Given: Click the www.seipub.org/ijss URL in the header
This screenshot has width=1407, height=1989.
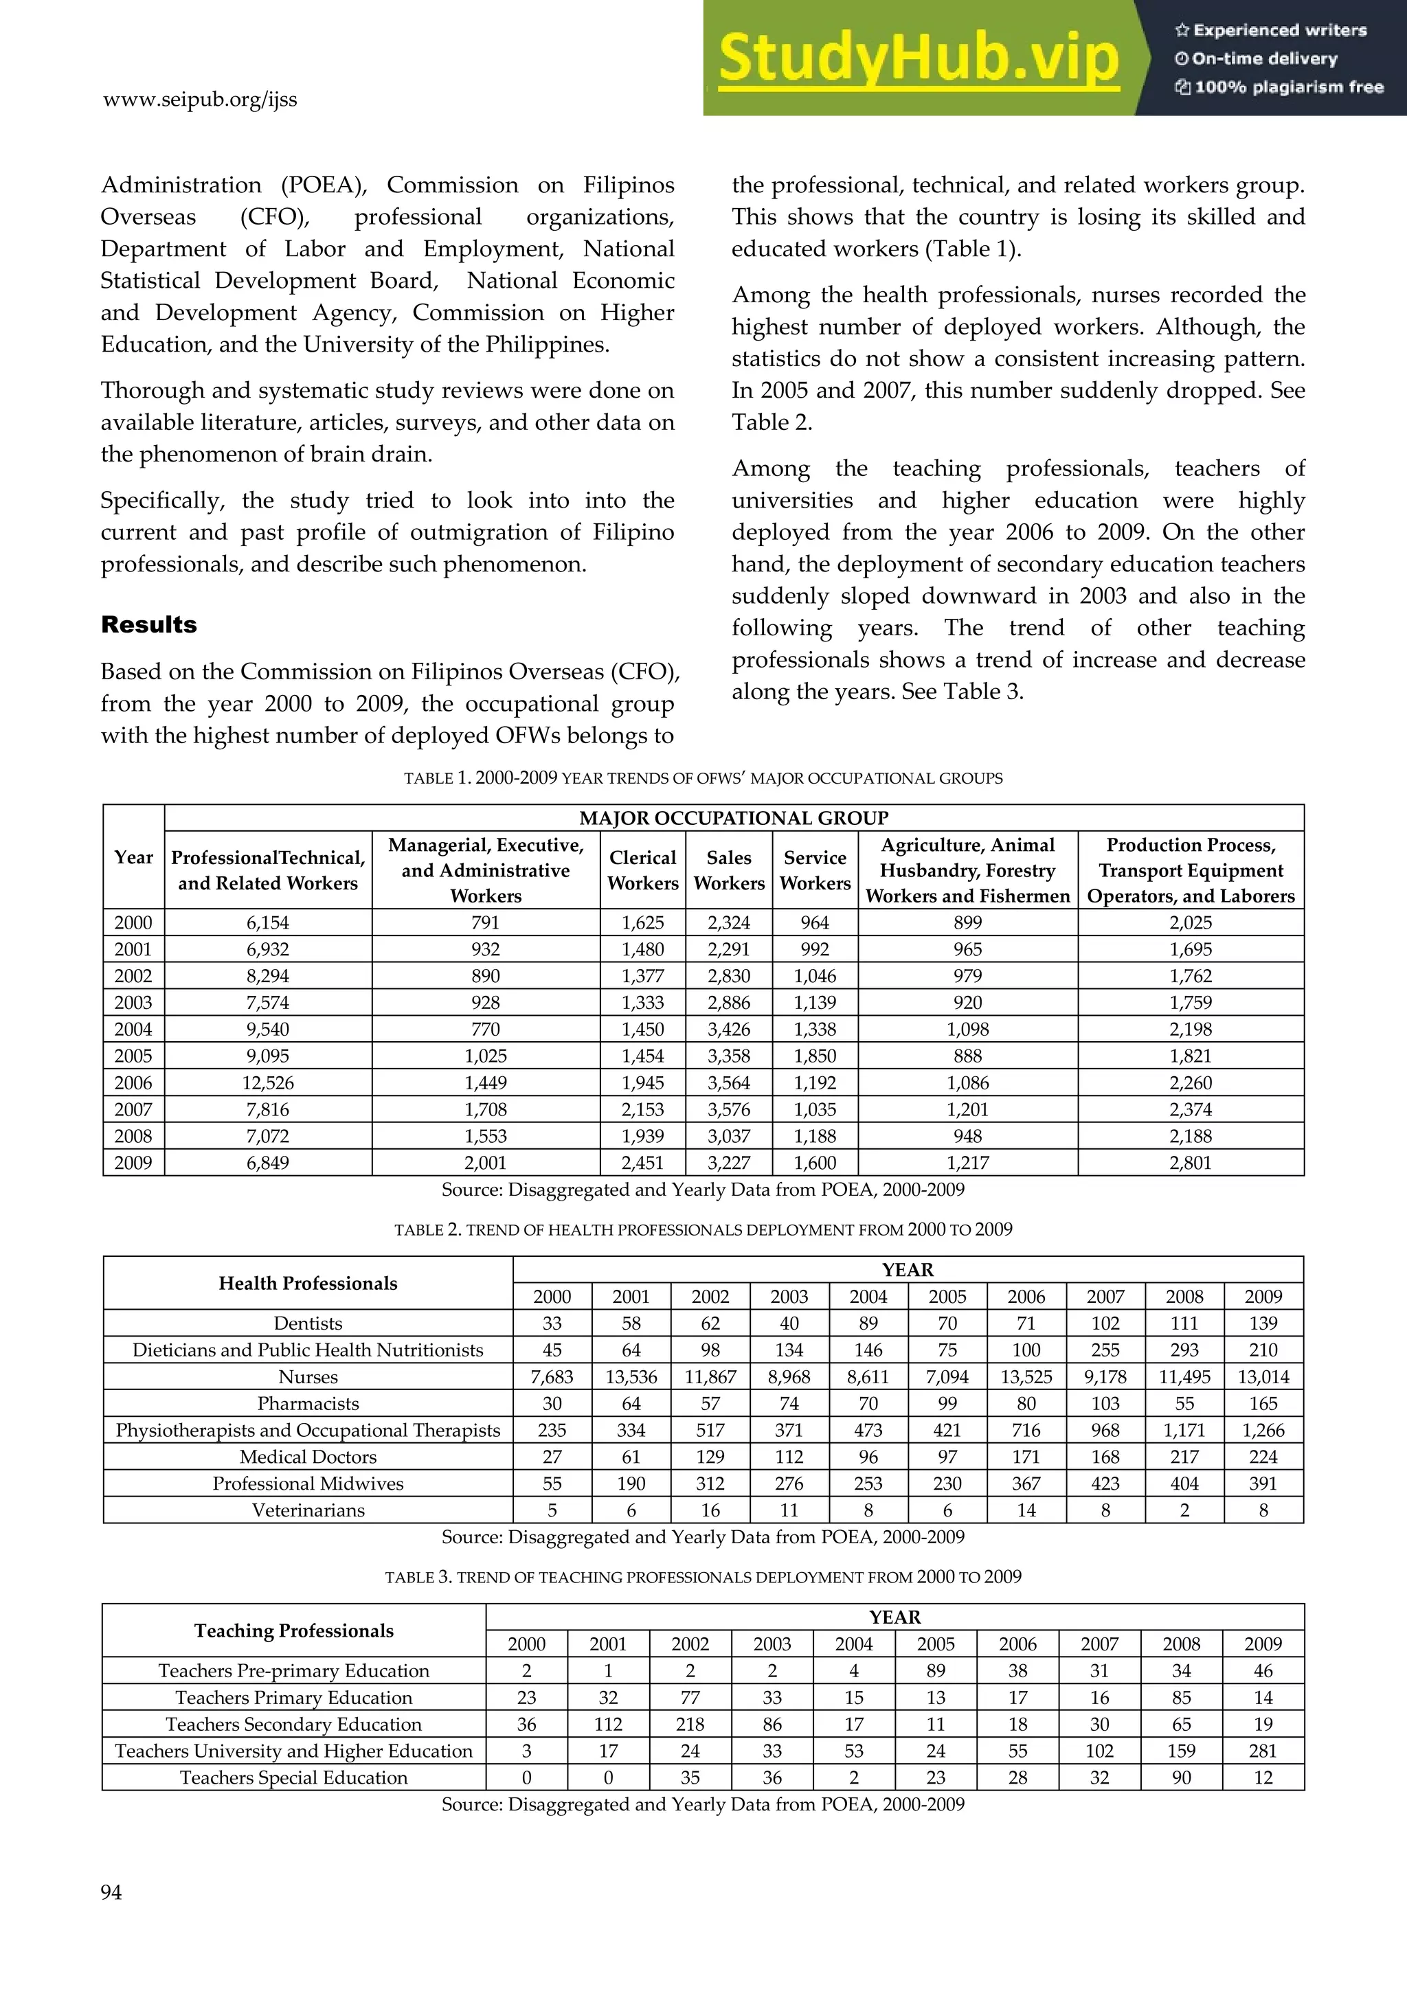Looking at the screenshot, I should tap(199, 100).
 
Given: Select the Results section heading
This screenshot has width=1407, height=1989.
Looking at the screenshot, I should tap(149, 624).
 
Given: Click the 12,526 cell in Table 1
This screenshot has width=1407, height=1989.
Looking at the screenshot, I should tap(268, 1083).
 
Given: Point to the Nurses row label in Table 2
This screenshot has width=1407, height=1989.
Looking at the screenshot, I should tap(308, 1376).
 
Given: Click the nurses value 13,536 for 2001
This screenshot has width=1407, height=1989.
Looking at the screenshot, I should tap(631, 1376).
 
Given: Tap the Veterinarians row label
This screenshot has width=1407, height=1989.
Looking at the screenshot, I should tap(308, 1510).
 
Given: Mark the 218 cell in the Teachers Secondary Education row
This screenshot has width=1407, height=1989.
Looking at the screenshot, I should tap(690, 1724).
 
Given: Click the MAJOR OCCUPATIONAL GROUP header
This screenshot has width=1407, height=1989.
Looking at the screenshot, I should tap(733, 818).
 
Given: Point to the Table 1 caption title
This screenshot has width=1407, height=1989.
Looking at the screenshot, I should tap(703, 778).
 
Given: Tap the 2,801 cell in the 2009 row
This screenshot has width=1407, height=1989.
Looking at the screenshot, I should tap(1191, 1163).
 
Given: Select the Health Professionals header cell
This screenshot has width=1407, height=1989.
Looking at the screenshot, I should tap(308, 1283).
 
